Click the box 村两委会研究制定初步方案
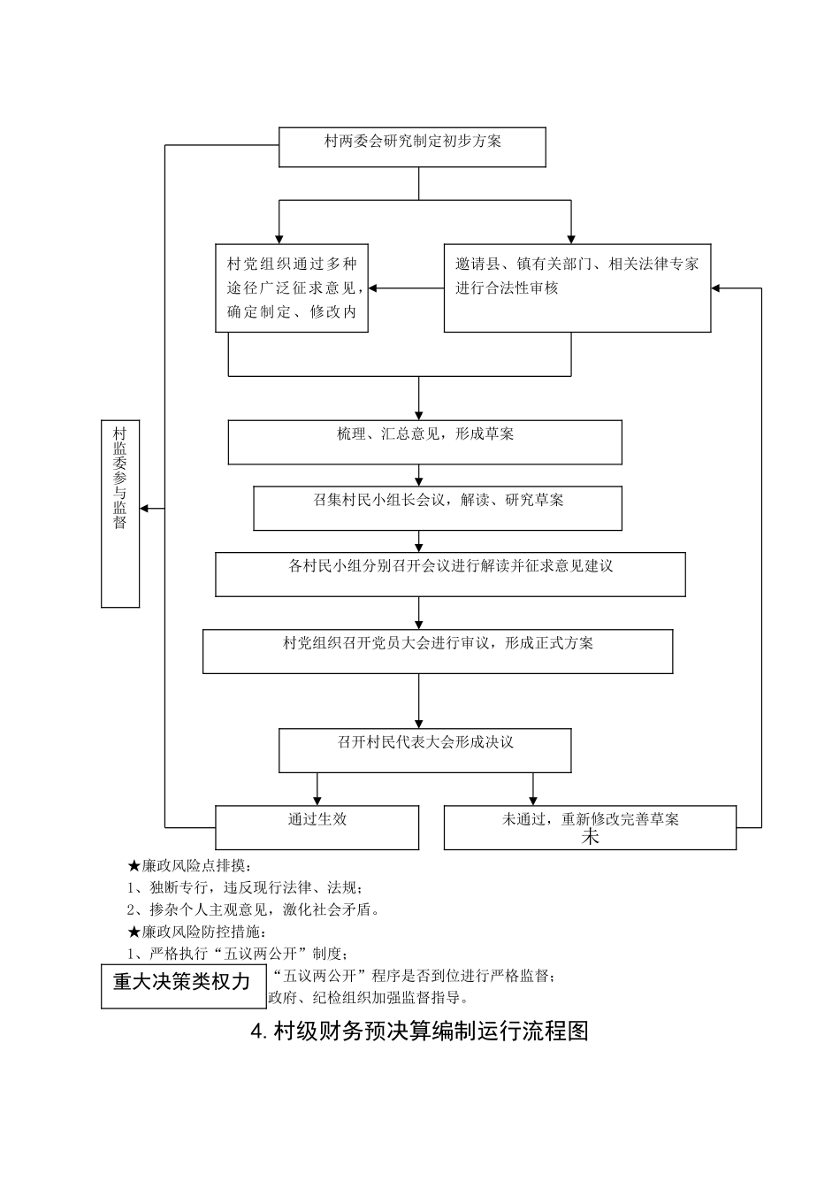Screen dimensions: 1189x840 [x=412, y=147]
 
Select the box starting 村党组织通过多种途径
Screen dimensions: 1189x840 [x=292, y=288]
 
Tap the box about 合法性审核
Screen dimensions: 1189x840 [x=577, y=288]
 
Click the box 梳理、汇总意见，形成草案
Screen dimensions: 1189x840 [x=424, y=441]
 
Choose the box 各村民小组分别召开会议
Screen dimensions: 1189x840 [x=450, y=574]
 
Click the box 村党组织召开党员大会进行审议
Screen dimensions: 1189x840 [x=438, y=651]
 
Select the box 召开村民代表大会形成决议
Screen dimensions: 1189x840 [x=424, y=749]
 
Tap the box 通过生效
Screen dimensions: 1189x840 [x=317, y=827]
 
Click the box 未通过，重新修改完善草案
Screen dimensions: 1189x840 [x=590, y=827]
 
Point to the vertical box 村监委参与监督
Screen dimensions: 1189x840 [x=120, y=513]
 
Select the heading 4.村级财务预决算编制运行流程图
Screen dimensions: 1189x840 [x=420, y=1032]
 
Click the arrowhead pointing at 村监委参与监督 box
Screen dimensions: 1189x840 [x=146, y=508]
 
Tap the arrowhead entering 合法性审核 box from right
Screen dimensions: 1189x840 [x=717, y=288]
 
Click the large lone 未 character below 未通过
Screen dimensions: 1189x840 [x=590, y=838]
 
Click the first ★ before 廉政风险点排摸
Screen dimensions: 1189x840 [x=134, y=865]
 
